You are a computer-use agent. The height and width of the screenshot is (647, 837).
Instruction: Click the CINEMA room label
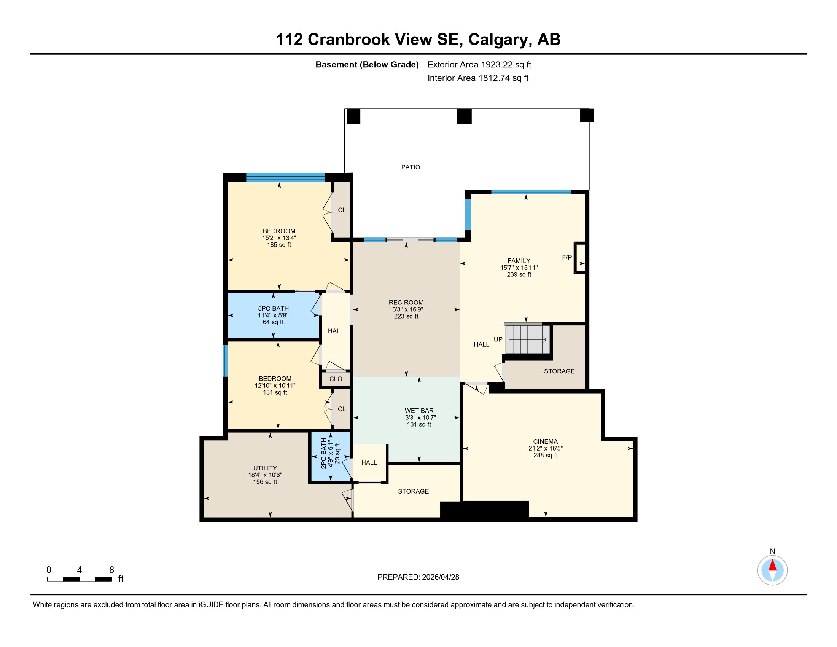545,441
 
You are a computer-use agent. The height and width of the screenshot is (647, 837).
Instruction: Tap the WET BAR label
419,411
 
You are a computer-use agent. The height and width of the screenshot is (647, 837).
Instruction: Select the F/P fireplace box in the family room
580,258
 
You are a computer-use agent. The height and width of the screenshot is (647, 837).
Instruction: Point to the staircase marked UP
528,339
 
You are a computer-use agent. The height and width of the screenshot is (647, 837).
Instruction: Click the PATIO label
411,167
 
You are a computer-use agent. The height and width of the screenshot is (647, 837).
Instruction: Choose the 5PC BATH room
274,316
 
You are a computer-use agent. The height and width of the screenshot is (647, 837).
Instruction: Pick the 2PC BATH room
330,456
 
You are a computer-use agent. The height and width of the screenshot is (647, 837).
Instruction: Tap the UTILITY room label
265,468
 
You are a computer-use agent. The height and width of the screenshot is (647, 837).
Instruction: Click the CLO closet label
336,379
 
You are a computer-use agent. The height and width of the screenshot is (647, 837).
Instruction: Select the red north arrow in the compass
773,565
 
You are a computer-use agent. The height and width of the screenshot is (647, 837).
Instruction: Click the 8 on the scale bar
111,570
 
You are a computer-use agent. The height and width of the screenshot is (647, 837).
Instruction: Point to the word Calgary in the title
500,40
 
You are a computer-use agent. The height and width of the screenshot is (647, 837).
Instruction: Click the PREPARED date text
418,577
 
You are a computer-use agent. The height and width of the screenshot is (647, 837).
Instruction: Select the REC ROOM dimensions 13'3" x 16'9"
406,309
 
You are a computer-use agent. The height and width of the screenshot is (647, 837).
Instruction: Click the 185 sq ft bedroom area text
279,245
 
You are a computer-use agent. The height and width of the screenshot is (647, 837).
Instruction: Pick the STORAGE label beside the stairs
559,371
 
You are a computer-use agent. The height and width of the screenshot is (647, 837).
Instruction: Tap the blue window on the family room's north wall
531,192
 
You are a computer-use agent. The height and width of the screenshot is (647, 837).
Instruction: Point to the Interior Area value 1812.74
494,78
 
